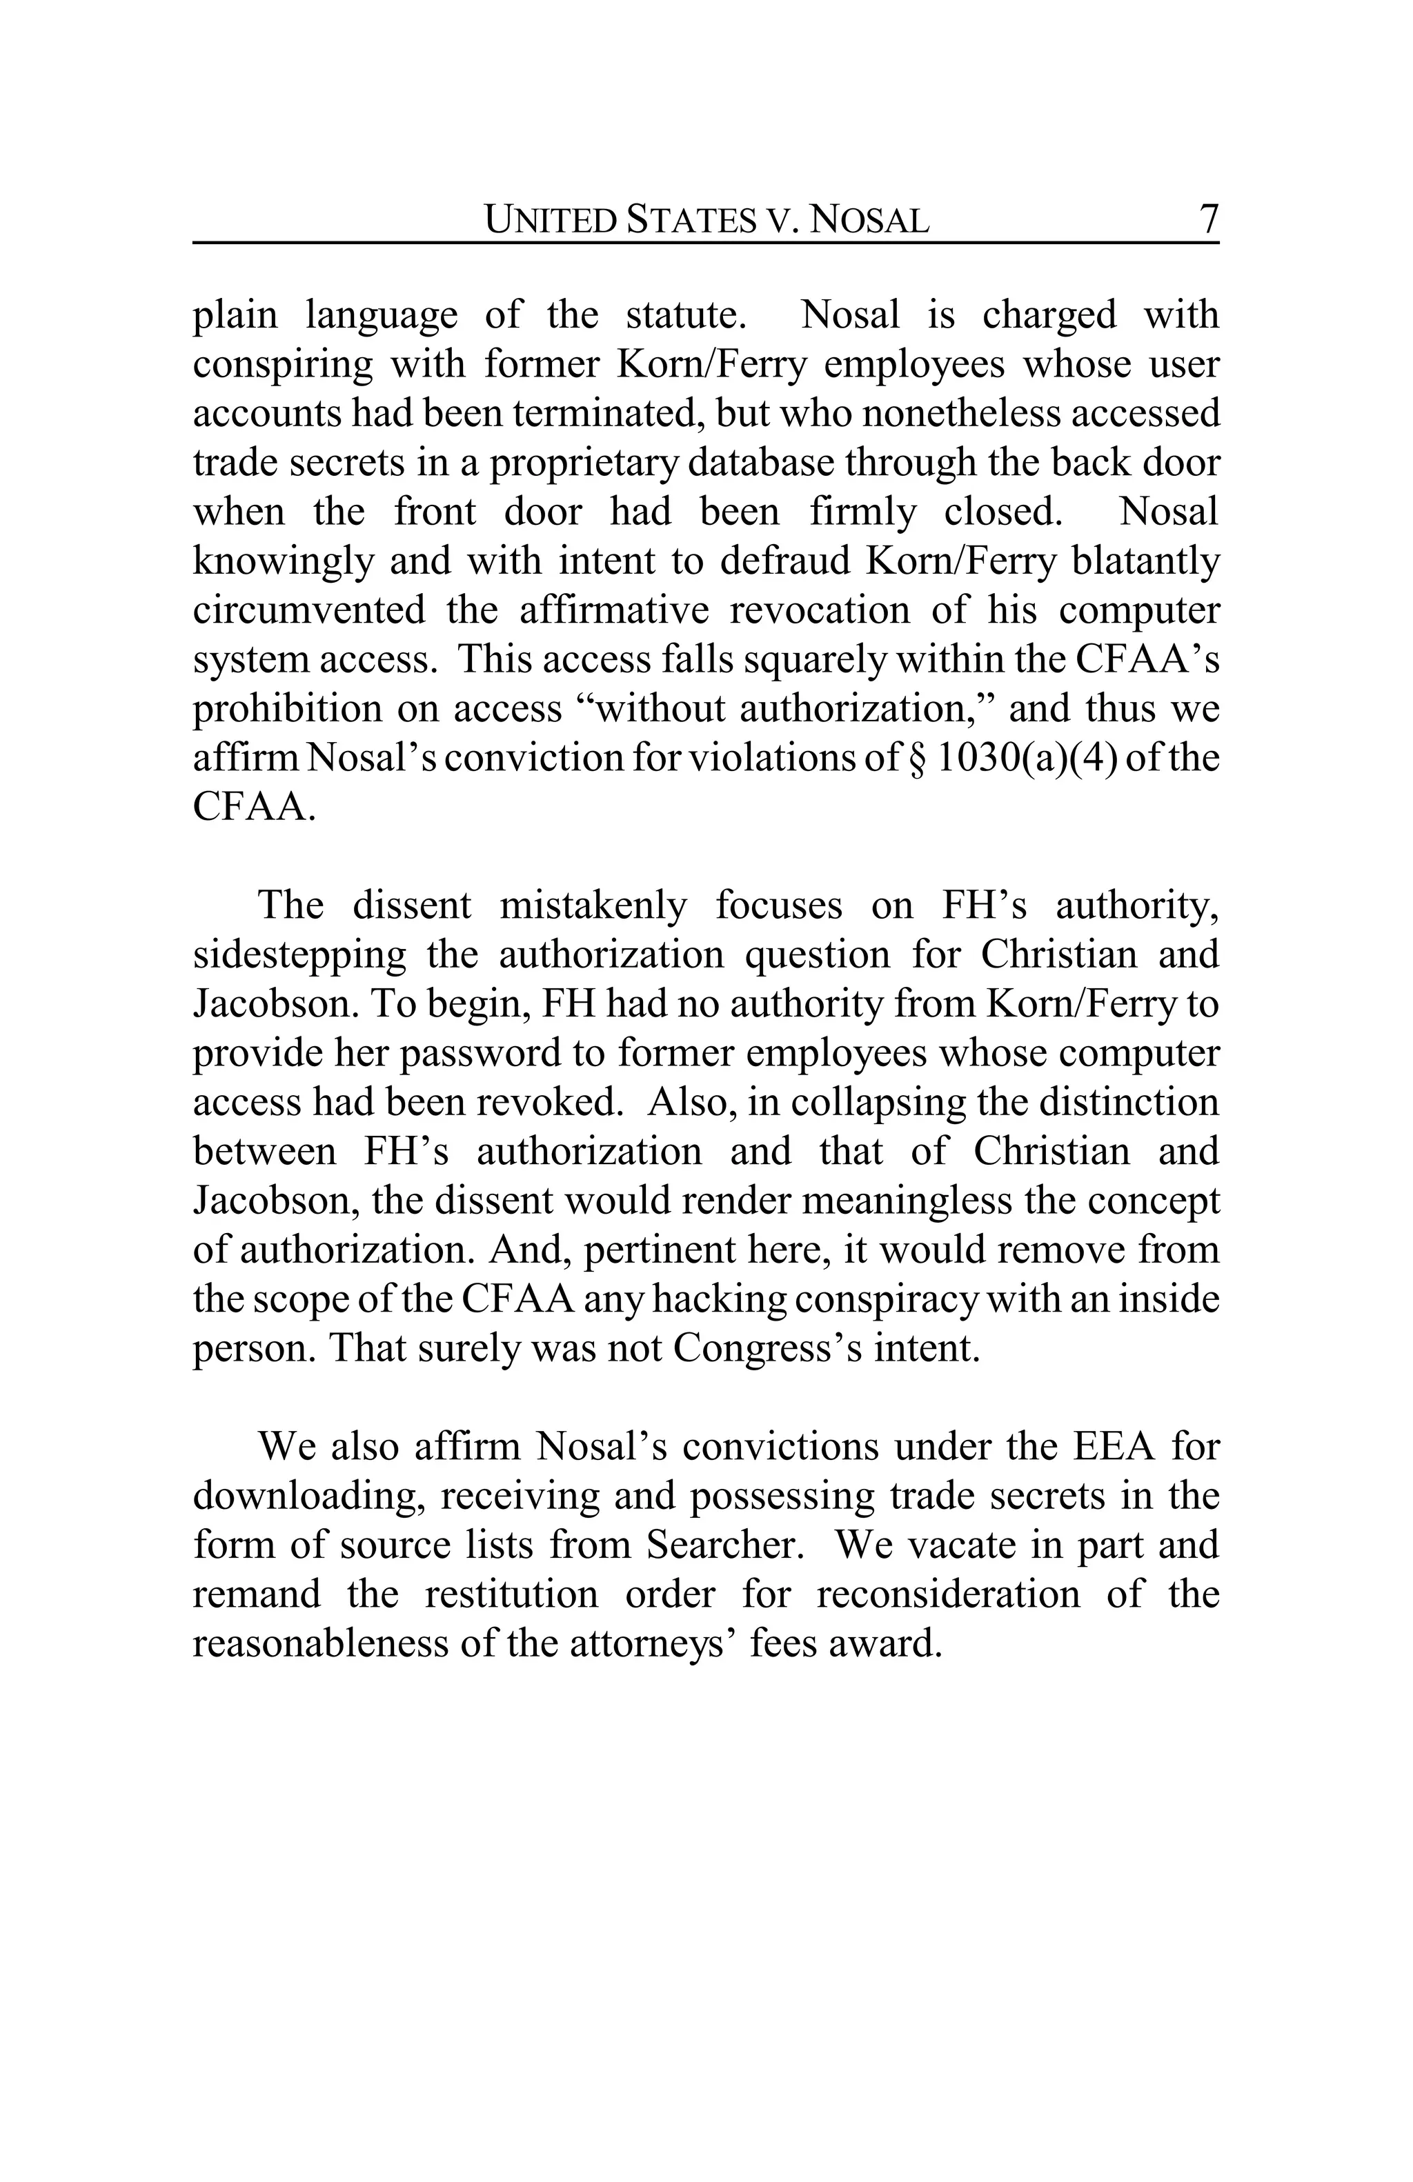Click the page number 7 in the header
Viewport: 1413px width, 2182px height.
(x=1207, y=219)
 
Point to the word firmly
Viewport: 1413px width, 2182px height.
(x=861, y=512)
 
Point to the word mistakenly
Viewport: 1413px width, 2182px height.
(x=593, y=905)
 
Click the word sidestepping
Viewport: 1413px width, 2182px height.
(x=299, y=955)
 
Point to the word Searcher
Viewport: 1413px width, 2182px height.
(x=724, y=1545)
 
